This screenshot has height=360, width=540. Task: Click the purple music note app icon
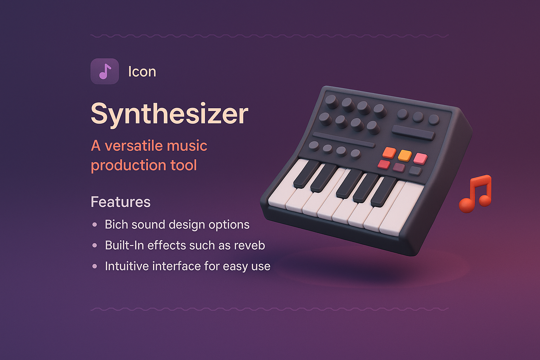pyautogui.click(x=104, y=71)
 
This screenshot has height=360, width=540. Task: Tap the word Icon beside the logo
pyautogui.click(x=142, y=72)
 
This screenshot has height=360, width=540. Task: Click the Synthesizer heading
pyautogui.click(x=169, y=114)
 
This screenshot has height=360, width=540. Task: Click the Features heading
pyautogui.click(x=121, y=202)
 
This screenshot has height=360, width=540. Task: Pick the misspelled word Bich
pyautogui.click(x=116, y=225)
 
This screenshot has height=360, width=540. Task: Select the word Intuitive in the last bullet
pyautogui.click(x=127, y=266)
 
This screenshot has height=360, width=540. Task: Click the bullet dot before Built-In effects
pyautogui.click(x=95, y=245)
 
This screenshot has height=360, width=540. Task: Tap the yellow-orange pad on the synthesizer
pyautogui.click(x=405, y=155)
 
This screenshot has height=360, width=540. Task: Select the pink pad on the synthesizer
pyautogui.click(x=420, y=159)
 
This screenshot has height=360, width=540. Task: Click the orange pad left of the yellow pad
pyautogui.click(x=389, y=152)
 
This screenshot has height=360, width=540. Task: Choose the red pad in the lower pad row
pyautogui.click(x=384, y=164)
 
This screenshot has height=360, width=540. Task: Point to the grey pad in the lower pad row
pyautogui.click(x=415, y=171)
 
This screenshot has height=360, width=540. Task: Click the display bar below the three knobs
pyautogui.click(x=413, y=133)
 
